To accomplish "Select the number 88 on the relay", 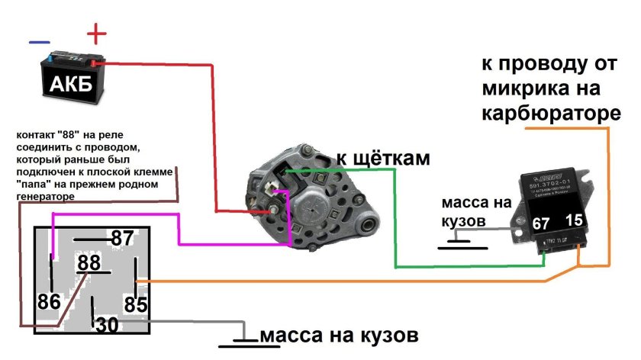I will pyautogui.click(x=90, y=263).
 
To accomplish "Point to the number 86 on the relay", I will pyautogui.click(x=50, y=302).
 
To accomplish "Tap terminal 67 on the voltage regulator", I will pyautogui.click(x=541, y=224).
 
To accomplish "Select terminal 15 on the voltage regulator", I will pyautogui.click(x=575, y=220).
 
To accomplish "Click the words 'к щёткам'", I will pyautogui.click(x=383, y=159).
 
